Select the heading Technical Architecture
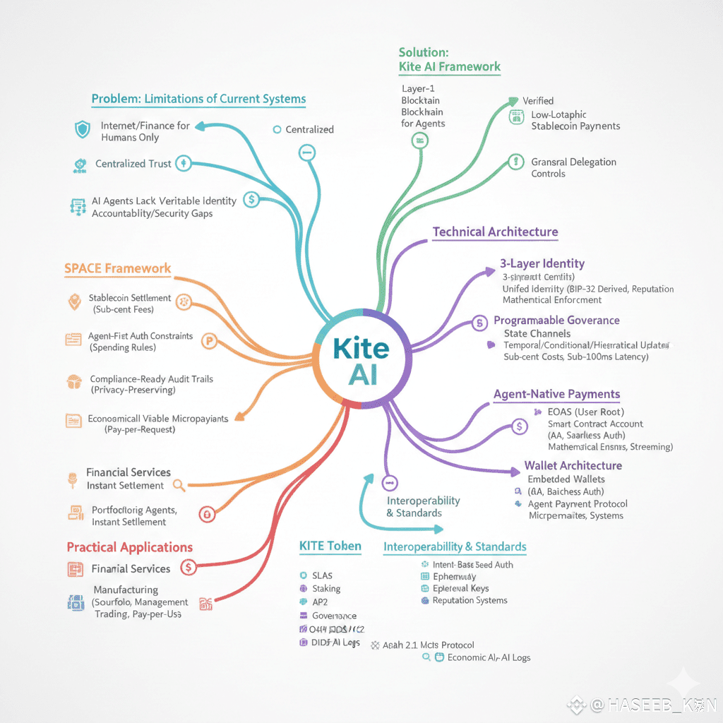(x=495, y=232)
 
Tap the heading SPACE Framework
(x=117, y=268)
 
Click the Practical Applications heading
(x=129, y=547)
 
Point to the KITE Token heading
(x=330, y=546)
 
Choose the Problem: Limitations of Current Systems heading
(x=198, y=99)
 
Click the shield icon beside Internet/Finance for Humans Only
(x=82, y=130)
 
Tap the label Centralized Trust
(x=133, y=164)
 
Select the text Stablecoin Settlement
(x=130, y=298)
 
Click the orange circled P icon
(x=208, y=340)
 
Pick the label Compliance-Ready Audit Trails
(x=151, y=379)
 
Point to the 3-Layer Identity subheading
(x=542, y=263)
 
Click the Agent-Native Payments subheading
(x=556, y=394)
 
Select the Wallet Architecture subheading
(x=573, y=465)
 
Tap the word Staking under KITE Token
(x=326, y=588)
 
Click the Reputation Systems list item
(x=470, y=600)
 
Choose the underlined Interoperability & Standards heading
(x=454, y=546)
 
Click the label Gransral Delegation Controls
(x=573, y=167)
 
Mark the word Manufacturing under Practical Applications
(x=126, y=590)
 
